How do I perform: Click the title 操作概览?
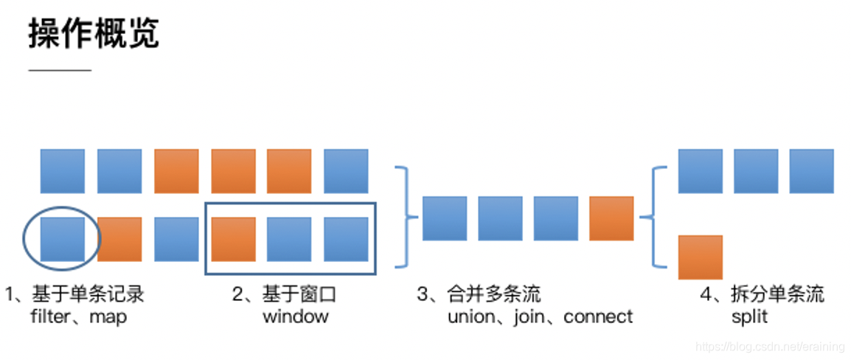pos(94,34)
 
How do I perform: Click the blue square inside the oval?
pos(62,239)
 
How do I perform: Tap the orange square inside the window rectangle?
pos(233,239)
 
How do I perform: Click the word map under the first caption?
pos(108,317)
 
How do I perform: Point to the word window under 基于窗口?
pos(295,317)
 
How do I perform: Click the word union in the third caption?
pos(470,317)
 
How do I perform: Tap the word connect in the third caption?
pos(598,317)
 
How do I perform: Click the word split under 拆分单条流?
pos(748,317)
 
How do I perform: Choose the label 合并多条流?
pos(493,295)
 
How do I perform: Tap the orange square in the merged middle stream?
pos(611,218)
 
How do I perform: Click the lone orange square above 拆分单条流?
pos(700,257)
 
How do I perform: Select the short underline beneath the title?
pos(60,70)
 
